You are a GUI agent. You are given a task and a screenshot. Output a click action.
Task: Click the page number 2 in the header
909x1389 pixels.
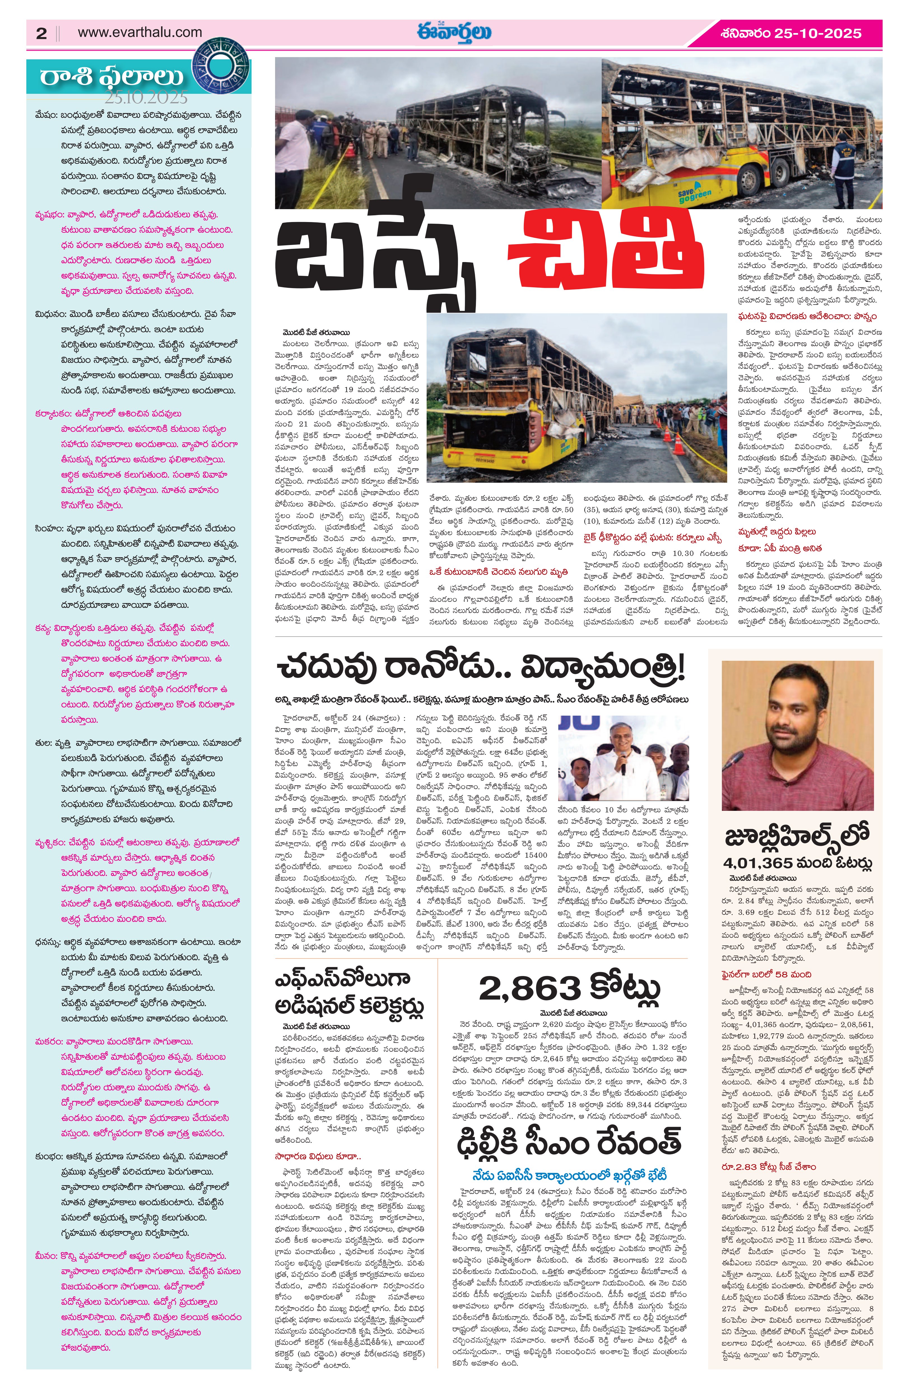coord(41,33)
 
